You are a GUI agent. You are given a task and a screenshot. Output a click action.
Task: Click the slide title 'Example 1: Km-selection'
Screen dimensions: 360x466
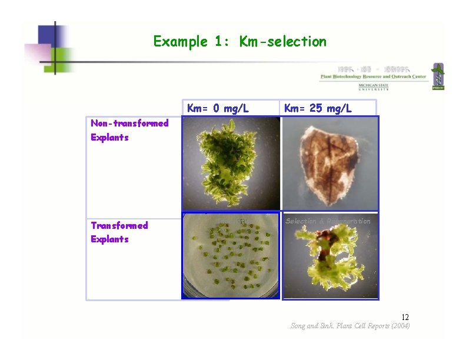239,42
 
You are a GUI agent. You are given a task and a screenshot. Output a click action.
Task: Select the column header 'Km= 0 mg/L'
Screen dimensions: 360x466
218,108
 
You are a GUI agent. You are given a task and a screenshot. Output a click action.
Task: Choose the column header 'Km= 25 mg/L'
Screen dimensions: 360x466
318,108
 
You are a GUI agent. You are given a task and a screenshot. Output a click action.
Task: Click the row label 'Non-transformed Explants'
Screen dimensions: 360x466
129,130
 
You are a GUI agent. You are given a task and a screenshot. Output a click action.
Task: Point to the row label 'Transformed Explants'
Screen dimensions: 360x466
119,232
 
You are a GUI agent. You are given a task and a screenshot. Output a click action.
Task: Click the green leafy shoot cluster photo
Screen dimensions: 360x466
231,164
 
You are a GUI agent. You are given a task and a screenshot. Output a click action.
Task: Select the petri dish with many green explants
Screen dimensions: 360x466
231,256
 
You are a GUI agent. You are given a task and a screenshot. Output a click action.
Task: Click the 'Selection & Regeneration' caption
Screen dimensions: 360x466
328,221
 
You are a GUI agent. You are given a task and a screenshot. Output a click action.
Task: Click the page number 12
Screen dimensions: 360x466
405,317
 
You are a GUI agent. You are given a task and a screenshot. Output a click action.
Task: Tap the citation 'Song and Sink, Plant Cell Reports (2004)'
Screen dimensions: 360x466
350,326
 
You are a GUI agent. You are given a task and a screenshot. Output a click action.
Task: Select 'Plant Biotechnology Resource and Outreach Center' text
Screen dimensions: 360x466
372,76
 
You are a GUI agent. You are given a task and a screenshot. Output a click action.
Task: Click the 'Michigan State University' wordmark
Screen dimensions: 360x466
374,87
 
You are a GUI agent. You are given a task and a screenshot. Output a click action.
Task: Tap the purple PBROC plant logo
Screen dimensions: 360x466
437,76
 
